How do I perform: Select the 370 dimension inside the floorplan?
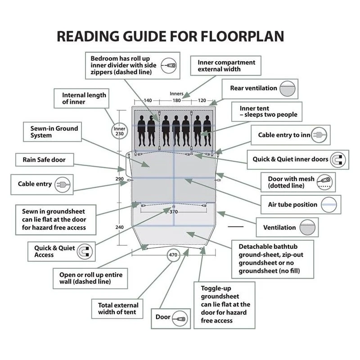pos(174,211)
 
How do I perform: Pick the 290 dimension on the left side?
pos(119,179)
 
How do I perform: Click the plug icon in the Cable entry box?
pos(60,184)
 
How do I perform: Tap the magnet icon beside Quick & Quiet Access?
pos(84,251)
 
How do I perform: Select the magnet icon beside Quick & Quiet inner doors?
pos(337,159)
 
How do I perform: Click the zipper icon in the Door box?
pos(179,317)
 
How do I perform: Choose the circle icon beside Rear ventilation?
pos(288,89)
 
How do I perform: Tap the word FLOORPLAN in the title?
pos(237,36)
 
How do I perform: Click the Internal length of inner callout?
pos(84,99)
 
